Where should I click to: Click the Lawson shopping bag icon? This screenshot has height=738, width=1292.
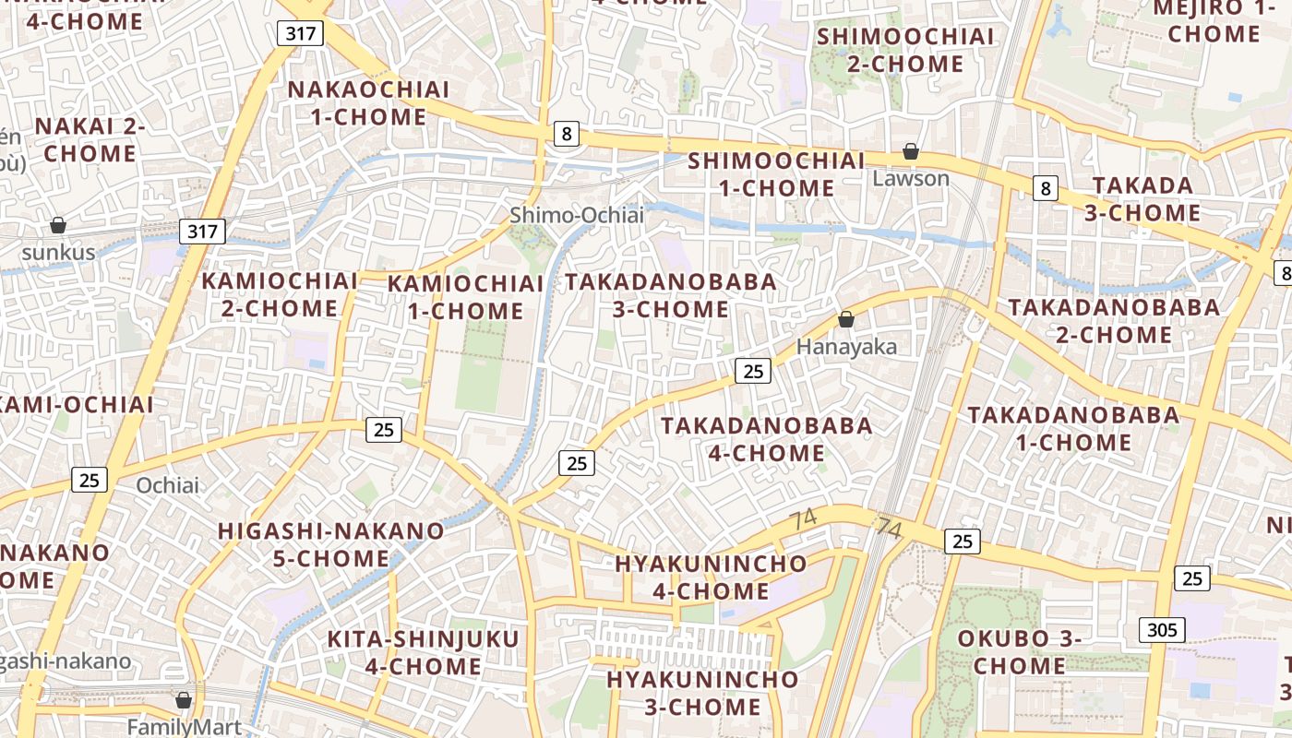click(911, 151)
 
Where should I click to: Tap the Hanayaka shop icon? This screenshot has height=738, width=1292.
click(846, 320)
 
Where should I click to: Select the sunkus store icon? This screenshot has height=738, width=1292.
click(58, 225)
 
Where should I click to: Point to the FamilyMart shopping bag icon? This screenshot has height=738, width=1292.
click(184, 700)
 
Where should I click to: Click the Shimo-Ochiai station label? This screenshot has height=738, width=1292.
click(577, 215)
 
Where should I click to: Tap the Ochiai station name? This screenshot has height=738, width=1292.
click(167, 485)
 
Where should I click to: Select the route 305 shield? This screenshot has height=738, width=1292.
click(1162, 630)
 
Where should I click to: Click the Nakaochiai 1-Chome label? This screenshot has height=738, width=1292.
click(369, 103)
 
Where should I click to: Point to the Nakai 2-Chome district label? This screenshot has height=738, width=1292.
click(90, 139)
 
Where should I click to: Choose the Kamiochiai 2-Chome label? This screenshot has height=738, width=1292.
click(280, 294)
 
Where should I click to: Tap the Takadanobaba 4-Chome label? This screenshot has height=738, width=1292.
click(767, 439)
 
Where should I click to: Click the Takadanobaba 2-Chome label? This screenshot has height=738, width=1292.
click(1114, 320)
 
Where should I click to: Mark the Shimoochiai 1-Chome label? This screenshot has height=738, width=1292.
click(775, 173)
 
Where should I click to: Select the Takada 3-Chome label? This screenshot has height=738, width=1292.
click(1143, 198)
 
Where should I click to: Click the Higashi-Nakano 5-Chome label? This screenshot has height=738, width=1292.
click(330, 544)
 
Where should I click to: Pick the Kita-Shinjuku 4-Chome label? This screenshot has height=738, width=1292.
click(424, 652)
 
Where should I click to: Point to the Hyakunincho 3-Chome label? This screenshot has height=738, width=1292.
click(702, 693)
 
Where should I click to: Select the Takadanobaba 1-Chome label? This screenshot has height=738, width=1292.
click(1073, 429)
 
